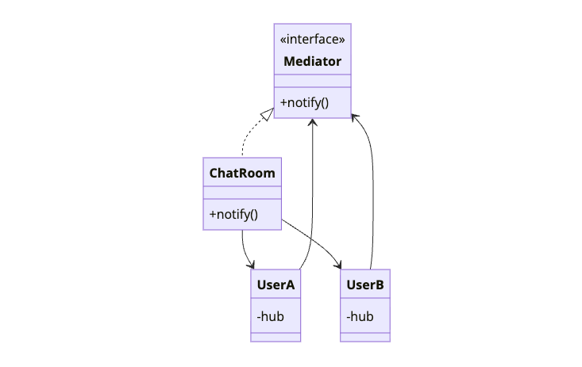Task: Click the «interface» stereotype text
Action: coord(312,40)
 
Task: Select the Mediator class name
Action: coord(312,61)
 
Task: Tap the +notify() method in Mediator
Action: coord(303,102)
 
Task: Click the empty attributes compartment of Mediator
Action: coord(312,80)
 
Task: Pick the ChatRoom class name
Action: coord(242,172)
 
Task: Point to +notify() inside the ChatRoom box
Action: coord(233,214)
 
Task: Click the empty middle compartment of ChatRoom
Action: coord(242,192)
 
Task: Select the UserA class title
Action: coord(276,284)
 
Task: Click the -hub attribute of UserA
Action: coord(271,316)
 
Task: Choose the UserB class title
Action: coord(365,284)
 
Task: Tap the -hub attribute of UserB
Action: coord(360,316)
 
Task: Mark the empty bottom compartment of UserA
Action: coord(276,337)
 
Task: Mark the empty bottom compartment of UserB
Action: coord(365,337)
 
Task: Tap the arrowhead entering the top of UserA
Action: coord(253,266)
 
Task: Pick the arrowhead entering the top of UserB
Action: coord(339,266)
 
